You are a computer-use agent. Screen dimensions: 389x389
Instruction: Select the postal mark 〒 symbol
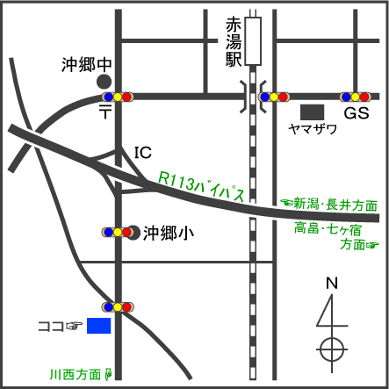point(105,112)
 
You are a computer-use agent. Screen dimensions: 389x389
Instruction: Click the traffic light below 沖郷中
point(117,97)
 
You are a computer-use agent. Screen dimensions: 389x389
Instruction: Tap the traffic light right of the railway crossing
point(275,97)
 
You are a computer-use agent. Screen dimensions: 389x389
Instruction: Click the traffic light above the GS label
point(358,97)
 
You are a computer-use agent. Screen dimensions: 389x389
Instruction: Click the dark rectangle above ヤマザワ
point(312,112)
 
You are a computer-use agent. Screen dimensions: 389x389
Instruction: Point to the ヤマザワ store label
point(313,128)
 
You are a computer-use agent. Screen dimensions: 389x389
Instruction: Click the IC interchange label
point(142,153)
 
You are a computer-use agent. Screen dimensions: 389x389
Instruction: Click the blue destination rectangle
point(99,326)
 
